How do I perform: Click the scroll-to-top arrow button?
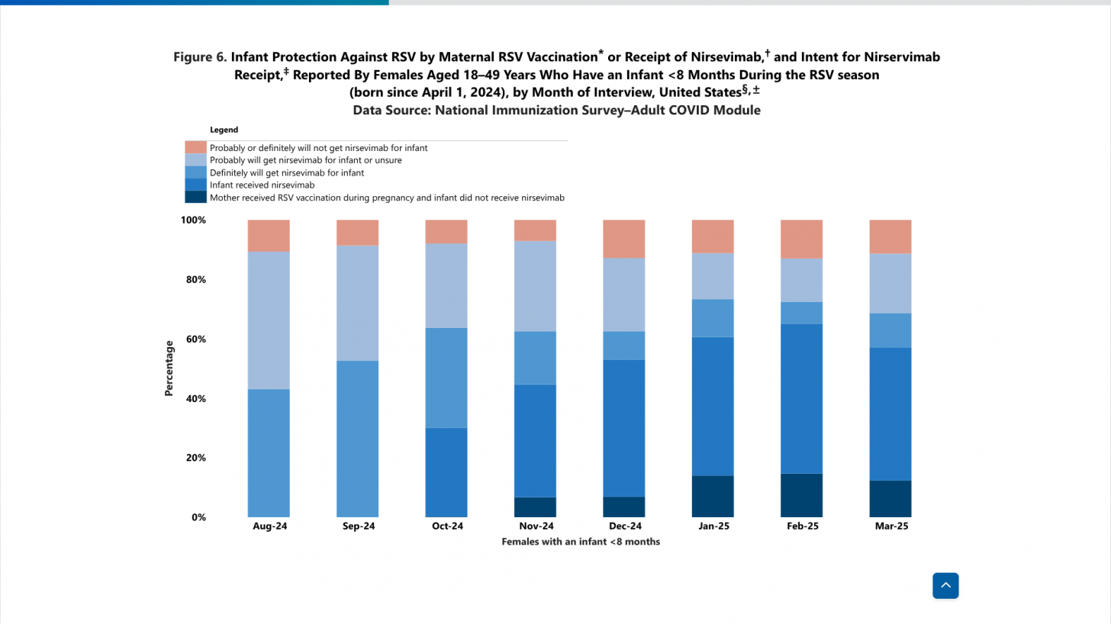pos(945,585)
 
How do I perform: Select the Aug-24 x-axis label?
pos(269,526)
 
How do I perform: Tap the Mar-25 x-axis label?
pos(891,526)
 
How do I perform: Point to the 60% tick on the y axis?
pos(195,339)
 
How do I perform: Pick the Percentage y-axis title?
pos(169,368)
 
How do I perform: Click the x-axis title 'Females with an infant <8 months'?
pos(581,542)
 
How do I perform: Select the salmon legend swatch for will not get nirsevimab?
pos(196,147)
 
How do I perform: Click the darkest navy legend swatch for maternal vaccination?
pos(196,197)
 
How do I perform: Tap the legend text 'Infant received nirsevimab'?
pos(262,185)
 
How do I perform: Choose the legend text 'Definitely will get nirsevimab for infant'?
pos(287,172)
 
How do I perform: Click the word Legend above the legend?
pos(224,130)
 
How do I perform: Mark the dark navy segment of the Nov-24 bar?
pos(535,507)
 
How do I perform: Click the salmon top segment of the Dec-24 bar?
pos(624,239)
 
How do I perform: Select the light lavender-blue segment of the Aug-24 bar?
pos(269,320)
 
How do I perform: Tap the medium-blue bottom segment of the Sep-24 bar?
pos(358,439)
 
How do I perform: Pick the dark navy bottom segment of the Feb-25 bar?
pos(801,496)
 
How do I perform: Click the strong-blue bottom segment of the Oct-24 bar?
pos(446,472)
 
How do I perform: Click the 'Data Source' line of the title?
pos(556,111)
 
